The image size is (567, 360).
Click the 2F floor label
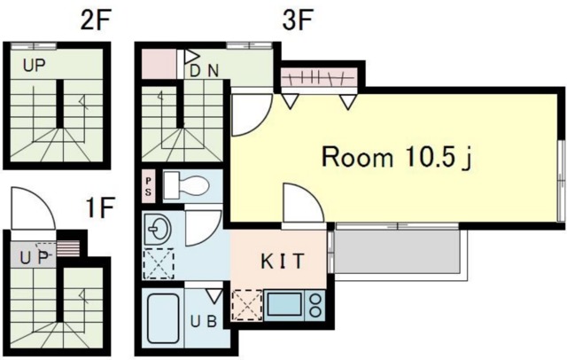click(95, 21)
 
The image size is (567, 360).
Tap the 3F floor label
click(297, 20)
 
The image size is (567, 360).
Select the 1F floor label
click(100, 207)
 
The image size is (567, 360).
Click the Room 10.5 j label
click(397, 158)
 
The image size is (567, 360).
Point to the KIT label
click(283, 262)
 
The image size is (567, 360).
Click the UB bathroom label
click(204, 321)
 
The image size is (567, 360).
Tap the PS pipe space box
click(148, 187)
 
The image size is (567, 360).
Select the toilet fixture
click(186, 185)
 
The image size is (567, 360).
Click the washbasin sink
click(158, 230)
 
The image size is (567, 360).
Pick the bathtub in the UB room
click(164, 318)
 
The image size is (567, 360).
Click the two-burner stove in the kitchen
click(315, 306)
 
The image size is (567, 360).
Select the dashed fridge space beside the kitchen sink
click(247, 306)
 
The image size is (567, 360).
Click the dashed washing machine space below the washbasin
click(159, 263)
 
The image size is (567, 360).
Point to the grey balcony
click(397, 252)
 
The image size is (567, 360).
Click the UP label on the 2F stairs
click(35, 66)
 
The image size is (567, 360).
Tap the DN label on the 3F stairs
click(205, 71)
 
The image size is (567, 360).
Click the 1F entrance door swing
click(34, 208)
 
